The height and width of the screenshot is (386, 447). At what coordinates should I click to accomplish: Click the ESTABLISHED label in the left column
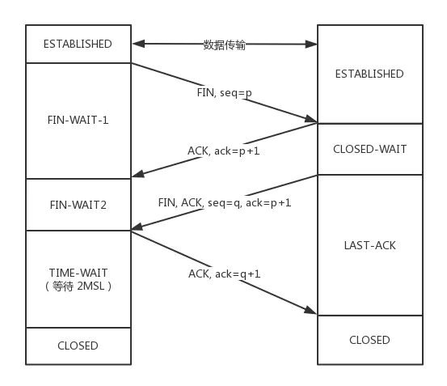coord(78,44)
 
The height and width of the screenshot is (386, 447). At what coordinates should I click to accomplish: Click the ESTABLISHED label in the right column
coord(369,74)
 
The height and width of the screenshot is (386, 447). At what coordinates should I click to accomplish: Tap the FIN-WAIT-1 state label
coord(78,120)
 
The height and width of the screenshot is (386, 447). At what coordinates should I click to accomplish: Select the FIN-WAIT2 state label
coord(78,205)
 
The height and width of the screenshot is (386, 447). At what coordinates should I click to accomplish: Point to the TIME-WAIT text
coord(78,273)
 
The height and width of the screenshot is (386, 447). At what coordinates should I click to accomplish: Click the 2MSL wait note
coord(78,286)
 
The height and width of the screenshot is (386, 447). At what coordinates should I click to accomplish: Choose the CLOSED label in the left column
coord(78,346)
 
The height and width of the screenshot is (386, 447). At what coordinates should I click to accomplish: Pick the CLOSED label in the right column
coord(369,340)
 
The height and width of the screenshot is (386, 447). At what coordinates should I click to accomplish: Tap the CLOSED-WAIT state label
coord(370,149)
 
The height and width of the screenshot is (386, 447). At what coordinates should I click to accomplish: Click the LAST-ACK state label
coord(370,245)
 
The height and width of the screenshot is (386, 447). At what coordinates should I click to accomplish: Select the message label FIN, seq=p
coord(225,93)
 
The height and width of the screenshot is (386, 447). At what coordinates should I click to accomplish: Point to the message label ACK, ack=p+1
coord(224,151)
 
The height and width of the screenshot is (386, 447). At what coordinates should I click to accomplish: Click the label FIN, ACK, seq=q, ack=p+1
coord(225,203)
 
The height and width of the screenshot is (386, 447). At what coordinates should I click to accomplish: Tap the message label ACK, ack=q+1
coord(225,274)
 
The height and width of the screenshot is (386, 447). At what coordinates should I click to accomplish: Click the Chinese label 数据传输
coord(225,45)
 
